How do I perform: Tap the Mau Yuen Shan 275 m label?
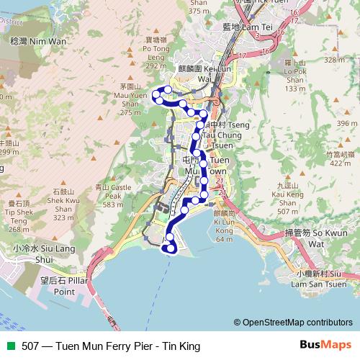(130, 99)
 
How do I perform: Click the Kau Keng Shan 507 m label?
(287, 198)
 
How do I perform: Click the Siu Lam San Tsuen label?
(318, 279)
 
